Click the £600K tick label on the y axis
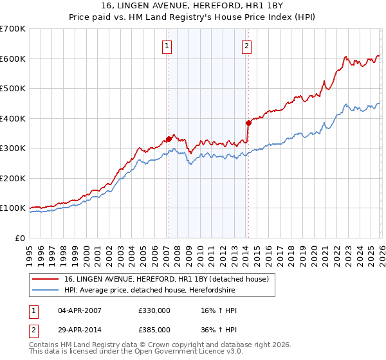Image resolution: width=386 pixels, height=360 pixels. pyautogui.click(x=13, y=59)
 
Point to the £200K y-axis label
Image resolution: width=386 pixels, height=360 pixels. pyautogui.click(x=13, y=178)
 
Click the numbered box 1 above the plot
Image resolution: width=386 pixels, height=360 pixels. pyautogui.click(x=167, y=46)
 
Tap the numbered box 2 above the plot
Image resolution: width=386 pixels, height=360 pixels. pyautogui.click(x=247, y=46)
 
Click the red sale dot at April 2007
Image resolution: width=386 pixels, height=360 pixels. pyautogui.click(x=169, y=139)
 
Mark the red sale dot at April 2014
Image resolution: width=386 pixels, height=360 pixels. pyautogui.click(x=248, y=122)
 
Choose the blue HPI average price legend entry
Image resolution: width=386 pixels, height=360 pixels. pyautogui.click(x=149, y=291)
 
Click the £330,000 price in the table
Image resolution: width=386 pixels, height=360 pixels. pyautogui.click(x=154, y=310)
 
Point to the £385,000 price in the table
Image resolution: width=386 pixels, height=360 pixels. pyautogui.click(x=154, y=329)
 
